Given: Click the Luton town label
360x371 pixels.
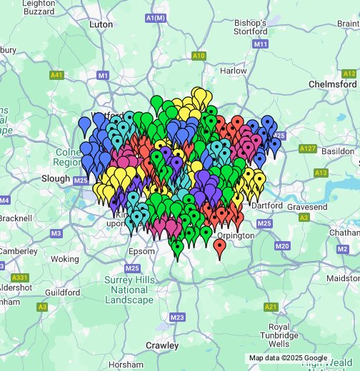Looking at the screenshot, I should click(101, 24).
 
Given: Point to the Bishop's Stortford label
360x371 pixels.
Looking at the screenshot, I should click(251, 28).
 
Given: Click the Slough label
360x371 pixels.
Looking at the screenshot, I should click(56, 178).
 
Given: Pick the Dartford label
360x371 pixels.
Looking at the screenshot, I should click(267, 205).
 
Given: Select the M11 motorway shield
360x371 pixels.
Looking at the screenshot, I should click(261, 44).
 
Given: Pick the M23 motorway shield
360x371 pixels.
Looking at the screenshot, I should click(178, 317).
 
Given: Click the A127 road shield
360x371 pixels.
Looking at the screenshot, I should click(308, 148).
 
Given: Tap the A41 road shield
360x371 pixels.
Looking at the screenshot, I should click(57, 75).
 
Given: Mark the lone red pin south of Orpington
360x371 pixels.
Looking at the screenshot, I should click(219, 248).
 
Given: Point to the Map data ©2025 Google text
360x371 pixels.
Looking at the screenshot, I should click(288, 358).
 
